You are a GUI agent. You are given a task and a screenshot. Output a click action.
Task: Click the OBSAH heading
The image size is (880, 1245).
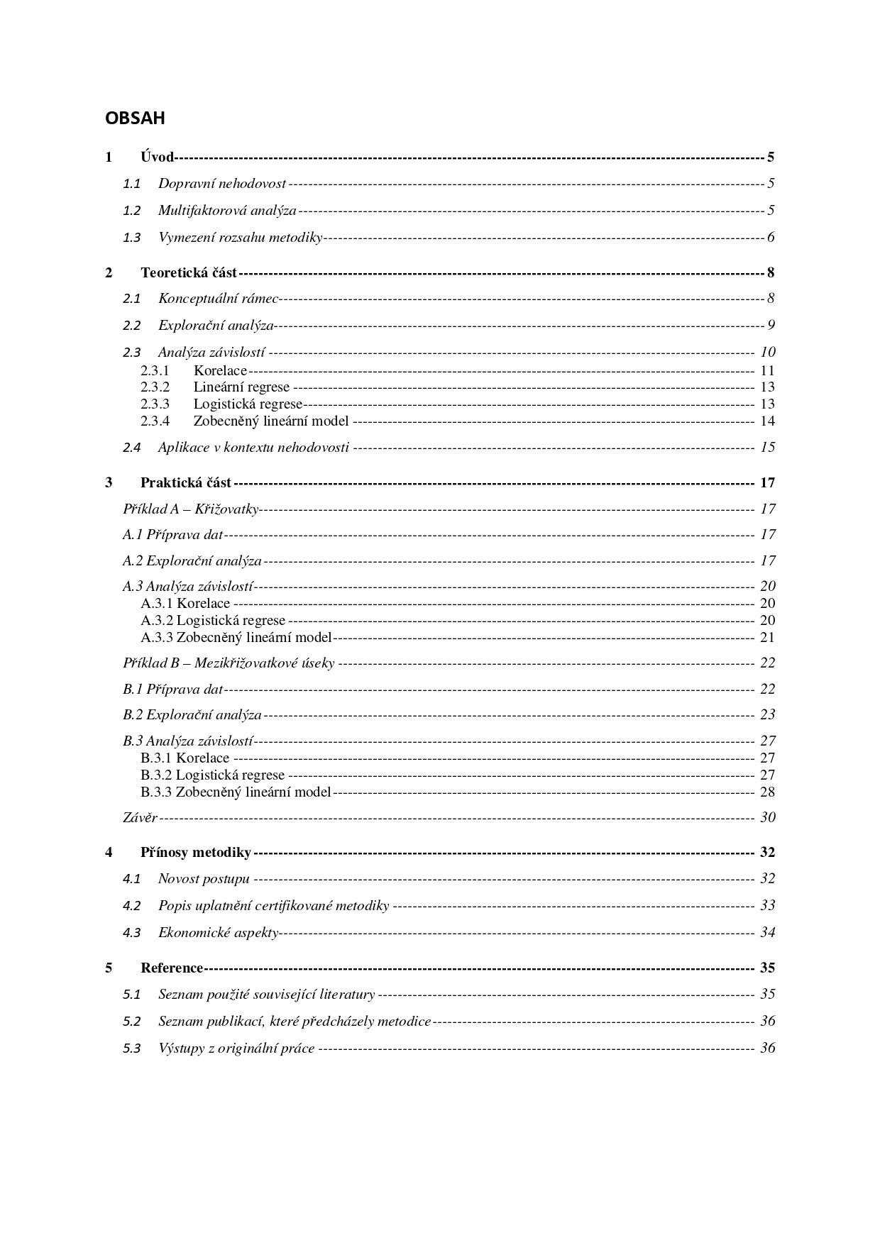pyautogui.click(x=135, y=118)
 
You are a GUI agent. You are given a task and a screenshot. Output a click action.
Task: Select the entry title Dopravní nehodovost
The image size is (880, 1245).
pyautogui.click(x=221, y=184)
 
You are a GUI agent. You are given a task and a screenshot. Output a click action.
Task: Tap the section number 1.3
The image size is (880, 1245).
pyautogui.click(x=131, y=238)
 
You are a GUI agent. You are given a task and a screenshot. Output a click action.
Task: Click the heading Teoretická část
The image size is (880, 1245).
pyautogui.click(x=188, y=273)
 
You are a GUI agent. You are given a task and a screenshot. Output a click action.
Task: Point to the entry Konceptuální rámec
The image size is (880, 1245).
pyautogui.click(x=218, y=299)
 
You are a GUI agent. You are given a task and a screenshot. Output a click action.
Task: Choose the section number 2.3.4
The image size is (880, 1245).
pyautogui.click(x=155, y=421)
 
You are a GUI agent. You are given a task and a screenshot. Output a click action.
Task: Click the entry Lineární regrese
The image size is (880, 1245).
pyautogui.click(x=241, y=387)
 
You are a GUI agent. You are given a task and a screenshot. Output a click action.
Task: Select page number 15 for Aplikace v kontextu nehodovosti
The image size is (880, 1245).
pyautogui.click(x=767, y=448)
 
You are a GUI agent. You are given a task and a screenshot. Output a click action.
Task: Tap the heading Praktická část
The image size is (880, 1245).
pyautogui.click(x=185, y=483)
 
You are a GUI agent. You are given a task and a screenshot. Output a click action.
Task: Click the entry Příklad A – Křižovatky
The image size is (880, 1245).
pyautogui.click(x=190, y=509)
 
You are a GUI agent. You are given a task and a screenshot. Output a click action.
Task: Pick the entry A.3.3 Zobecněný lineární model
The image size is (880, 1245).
pyautogui.click(x=236, y=638)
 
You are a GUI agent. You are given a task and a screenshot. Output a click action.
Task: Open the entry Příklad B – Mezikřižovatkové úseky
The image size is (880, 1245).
pyautogui.click(x=228, y=663)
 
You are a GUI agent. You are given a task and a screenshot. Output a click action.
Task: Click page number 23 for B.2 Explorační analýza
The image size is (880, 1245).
pyautogui.click(x=767, y=715)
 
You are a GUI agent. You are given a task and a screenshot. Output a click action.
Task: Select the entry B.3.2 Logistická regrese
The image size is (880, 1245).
pyautogui.click(x=212, y=775)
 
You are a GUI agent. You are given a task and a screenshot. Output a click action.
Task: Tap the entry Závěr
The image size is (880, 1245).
pyautogui.click(x=140, y=818)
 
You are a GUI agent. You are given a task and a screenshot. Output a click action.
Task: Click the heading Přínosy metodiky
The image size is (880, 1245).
pyautogui.click(x=195, y=853)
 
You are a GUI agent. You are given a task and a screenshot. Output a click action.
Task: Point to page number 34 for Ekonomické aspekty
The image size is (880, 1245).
pyautogui.click(x=767, y=933)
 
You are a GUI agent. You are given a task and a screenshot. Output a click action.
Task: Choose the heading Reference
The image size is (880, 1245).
pyautogui.click(x=172, y=968)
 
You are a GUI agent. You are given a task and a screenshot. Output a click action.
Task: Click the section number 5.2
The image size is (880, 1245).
pyautogui.click(x=131, y=1022)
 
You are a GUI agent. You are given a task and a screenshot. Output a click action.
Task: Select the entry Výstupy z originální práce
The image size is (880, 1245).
pyautogui.click(x=236, y=1048)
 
